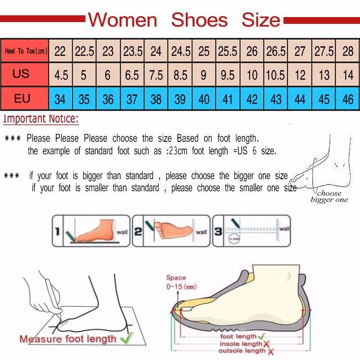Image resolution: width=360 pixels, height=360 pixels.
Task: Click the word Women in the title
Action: click(122, 20)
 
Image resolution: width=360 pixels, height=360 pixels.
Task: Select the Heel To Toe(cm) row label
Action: click(26, 51)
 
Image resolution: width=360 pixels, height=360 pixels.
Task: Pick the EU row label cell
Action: click(22, 98)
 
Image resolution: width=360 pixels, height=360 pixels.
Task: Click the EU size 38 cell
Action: click(156, 99)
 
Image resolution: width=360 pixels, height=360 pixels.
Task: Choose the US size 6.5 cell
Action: click(132, 75)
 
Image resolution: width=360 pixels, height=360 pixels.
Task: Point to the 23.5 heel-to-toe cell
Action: click(133, 51)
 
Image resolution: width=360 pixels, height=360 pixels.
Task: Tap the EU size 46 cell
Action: click(348, 99)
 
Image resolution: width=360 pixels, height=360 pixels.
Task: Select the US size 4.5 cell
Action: click(61, 75)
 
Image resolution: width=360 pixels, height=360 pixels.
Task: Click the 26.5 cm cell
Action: click(276, 51)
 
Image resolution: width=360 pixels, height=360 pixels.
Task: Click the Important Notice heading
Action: click(41, 119)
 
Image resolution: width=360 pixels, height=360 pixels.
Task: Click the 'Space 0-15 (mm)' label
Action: click(176, 282)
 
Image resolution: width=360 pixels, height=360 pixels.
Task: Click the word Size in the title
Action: click(261, 20)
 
